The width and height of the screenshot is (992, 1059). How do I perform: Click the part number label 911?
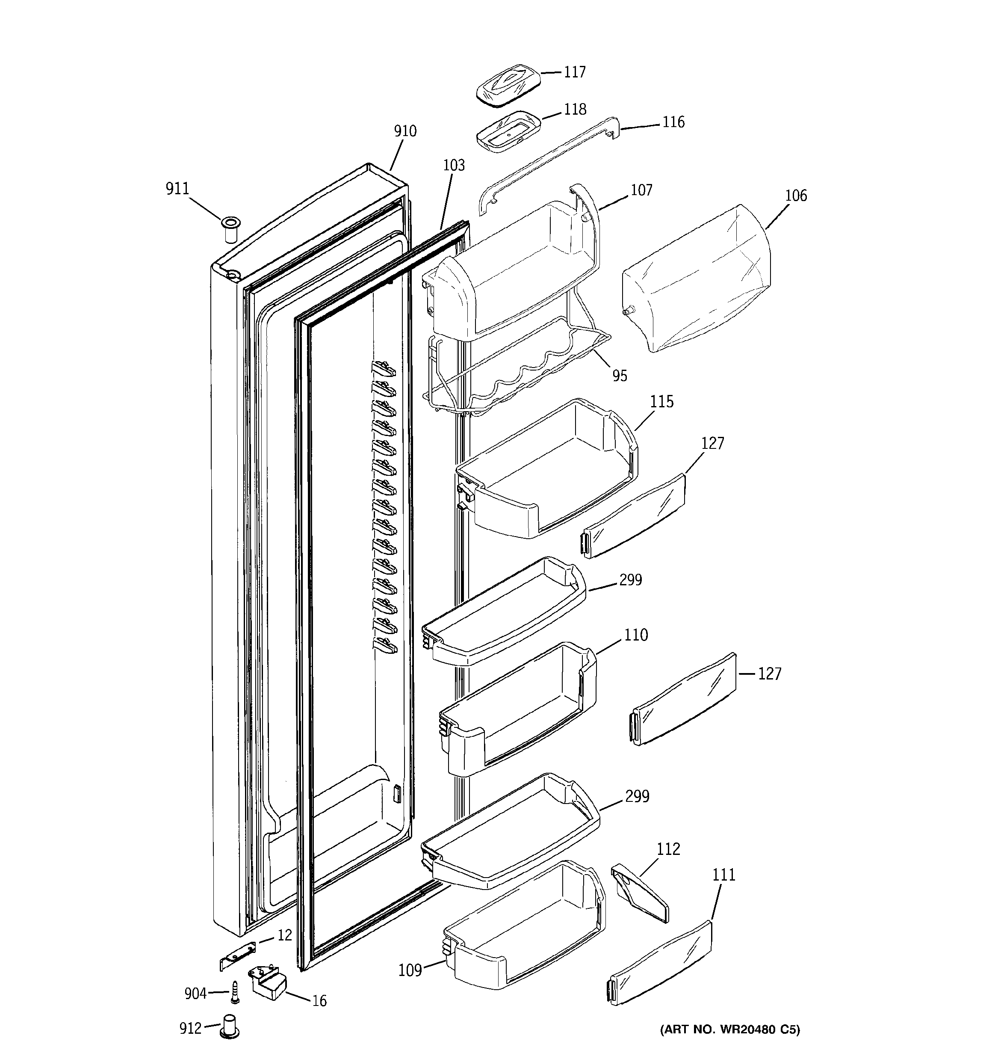177,189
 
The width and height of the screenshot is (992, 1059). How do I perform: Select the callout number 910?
405,131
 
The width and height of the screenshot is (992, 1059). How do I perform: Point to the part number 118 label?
575,109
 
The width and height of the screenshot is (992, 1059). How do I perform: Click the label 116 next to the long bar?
673,122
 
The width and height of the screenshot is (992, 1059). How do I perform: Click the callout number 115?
662,402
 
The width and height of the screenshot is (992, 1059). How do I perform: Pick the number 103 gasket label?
454,165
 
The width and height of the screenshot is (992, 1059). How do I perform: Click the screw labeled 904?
234,994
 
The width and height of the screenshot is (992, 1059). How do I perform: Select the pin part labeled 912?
230,1028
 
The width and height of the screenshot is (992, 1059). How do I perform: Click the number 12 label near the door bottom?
285,935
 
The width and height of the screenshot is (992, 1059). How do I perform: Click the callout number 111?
723,875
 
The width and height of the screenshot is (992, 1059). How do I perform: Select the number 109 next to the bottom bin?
410,970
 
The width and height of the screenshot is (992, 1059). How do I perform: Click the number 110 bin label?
636,635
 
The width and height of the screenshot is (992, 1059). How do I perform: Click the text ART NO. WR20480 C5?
730,1030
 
